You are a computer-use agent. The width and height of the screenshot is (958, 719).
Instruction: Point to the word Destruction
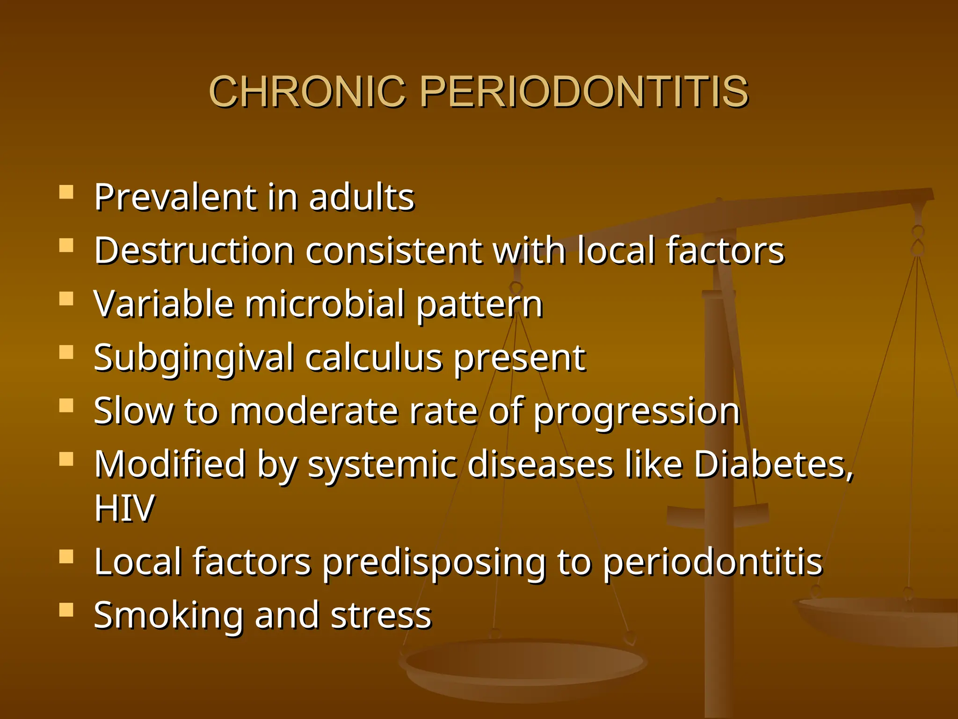194,251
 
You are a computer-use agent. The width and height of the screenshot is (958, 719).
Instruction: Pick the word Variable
164,304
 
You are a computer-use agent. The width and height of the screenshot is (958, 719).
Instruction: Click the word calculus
374,359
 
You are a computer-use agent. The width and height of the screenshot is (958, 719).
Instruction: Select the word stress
381,616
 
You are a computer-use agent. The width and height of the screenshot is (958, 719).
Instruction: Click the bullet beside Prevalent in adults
66,192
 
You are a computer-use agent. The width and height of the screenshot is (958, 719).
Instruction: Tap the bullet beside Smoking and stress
66,610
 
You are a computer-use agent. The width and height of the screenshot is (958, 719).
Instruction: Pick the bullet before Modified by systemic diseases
66,459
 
